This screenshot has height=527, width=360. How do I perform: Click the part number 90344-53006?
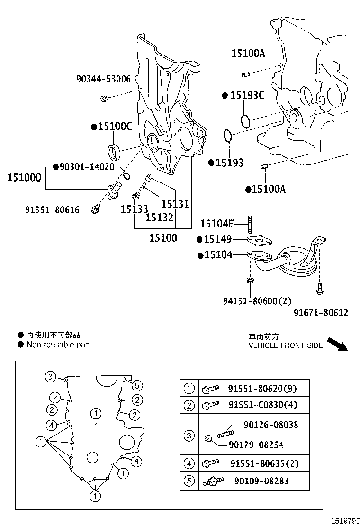point(103,79)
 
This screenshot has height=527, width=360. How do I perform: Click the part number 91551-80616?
point(52,209)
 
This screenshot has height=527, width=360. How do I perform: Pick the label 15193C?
point(247,96)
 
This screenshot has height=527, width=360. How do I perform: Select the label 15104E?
point(217,224)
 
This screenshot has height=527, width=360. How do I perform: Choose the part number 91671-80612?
point(321,312)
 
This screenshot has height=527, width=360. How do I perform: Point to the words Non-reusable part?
point(58,345)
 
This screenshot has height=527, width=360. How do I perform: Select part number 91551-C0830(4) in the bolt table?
point(262,405)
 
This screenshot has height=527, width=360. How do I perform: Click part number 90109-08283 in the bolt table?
point(261,482)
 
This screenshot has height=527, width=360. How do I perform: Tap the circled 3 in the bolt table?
point(189,436)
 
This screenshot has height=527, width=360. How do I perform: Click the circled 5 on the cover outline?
point(136,385)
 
